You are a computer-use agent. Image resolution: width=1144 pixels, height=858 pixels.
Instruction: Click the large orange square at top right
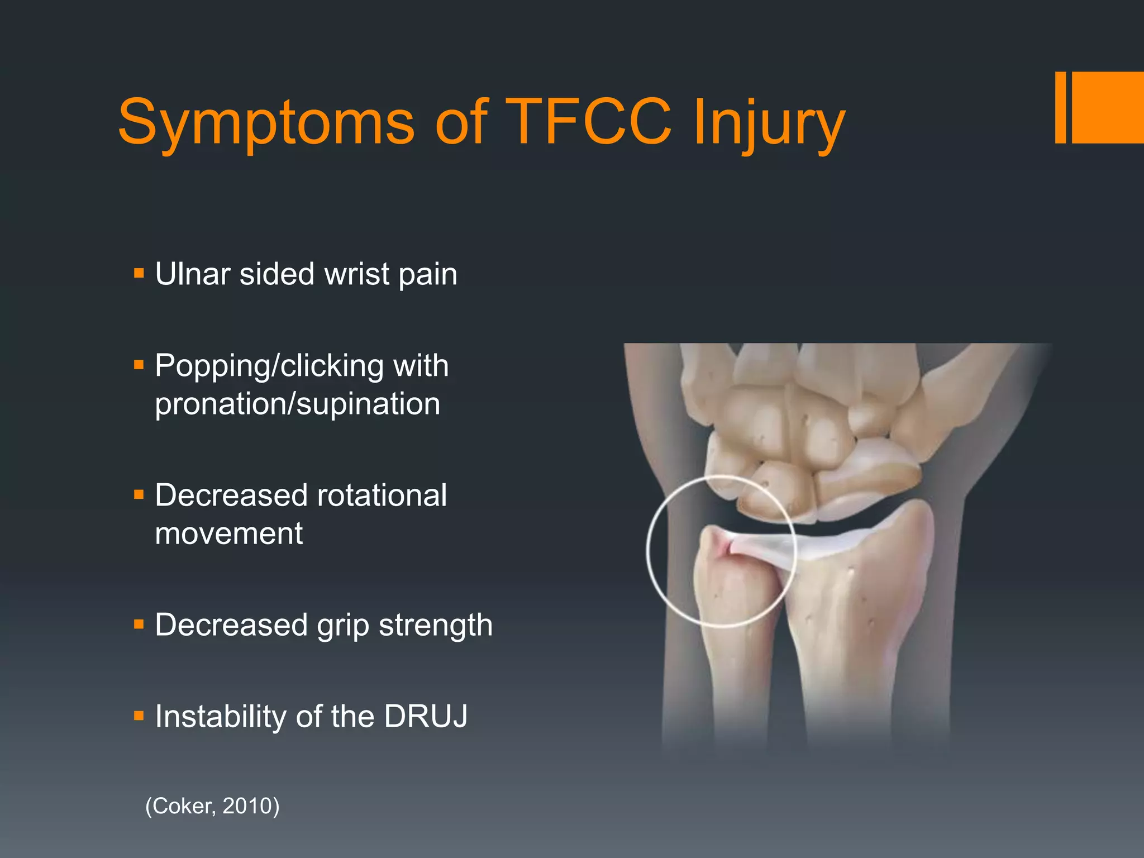1108,107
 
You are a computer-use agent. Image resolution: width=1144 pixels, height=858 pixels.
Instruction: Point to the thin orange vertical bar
1061,107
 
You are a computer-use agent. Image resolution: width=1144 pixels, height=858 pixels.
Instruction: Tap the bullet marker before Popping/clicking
139,365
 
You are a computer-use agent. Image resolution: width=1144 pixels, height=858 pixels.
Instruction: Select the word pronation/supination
298,404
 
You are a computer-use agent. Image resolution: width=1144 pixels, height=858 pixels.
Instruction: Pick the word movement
229,533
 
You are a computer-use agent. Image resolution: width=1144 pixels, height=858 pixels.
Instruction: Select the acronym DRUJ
426,716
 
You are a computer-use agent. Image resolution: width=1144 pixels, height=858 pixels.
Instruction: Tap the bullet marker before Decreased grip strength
139,624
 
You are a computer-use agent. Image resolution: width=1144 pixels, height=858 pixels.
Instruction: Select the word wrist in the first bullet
356,274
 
